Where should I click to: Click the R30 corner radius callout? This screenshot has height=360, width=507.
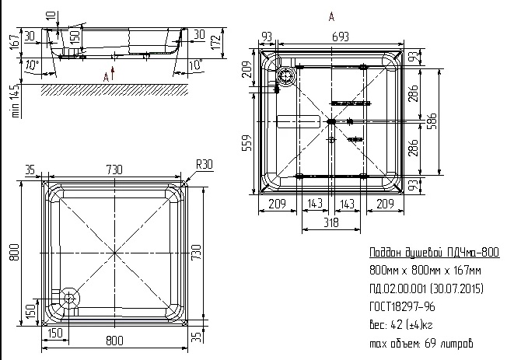tap(205, 164)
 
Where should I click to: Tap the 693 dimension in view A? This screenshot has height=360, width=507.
tap(341, 37)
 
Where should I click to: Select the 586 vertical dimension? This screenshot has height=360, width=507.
tap(432, 121)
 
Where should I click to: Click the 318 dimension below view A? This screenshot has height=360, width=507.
tap(331, 222)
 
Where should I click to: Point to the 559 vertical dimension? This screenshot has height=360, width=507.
tap(247, 142)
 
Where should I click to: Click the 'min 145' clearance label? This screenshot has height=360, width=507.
tap(16, 101)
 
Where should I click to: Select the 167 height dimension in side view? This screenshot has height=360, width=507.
tap(15, 40)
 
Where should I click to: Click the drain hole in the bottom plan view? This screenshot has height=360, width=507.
tap(69, 297)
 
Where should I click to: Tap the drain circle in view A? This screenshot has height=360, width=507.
tap(286, 76)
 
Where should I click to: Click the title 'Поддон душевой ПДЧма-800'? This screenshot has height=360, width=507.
tap(434, 252)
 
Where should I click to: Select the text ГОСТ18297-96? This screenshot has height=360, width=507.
tap(402, 306)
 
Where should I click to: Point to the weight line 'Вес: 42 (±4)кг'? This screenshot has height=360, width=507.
tap(401, 324)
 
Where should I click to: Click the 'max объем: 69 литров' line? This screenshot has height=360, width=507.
tap(421, 343)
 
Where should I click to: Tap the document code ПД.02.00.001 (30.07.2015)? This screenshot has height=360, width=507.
tap(426, 288)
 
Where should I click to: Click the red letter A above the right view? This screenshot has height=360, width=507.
tap(331, 16)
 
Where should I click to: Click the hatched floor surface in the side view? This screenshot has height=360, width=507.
tap(114, 90)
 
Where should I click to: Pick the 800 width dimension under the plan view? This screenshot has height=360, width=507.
tap(114, 341)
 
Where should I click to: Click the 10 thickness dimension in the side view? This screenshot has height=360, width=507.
tap(51, 16)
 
